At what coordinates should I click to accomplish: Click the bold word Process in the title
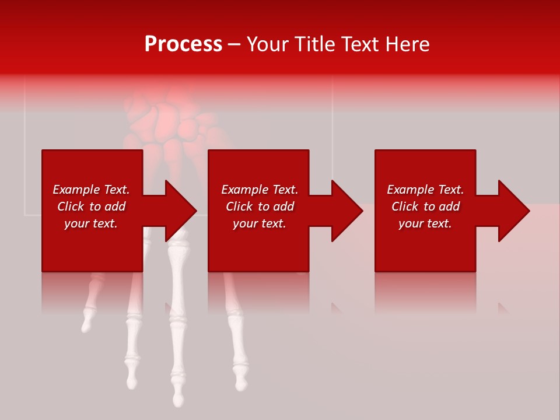(183, 44)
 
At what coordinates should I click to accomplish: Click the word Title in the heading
(314, 44)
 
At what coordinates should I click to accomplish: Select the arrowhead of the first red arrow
(181, 211)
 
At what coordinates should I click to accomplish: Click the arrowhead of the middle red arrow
(347, 211)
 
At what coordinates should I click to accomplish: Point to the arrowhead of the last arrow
(513, 211)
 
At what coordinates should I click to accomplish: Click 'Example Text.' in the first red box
(91, 190)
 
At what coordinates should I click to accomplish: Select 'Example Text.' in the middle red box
(259, 190)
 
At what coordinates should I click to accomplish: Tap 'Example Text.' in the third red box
(425, 190)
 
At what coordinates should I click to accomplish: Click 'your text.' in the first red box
(91, 223)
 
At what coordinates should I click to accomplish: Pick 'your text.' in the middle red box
(259, 223)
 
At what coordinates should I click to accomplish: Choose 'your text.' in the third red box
(425, 223)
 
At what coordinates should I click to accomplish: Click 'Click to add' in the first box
(91, 206)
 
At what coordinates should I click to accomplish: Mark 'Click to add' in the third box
(425, 206)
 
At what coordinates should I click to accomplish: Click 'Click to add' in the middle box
(259, 206)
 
